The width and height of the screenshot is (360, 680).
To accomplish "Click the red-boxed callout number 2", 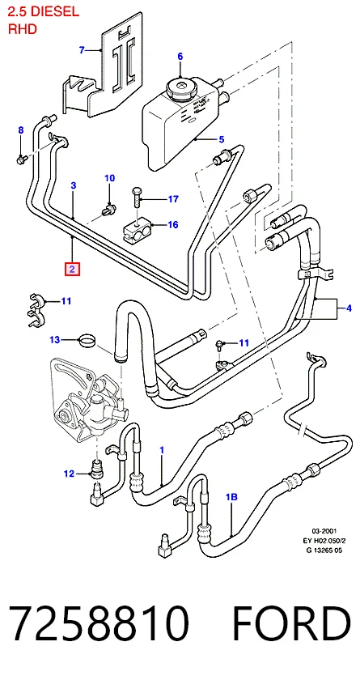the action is pos(72,269).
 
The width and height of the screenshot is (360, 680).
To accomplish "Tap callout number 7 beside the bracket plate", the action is pos(82,50).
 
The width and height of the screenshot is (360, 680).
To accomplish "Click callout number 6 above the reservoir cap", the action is pos(180,57).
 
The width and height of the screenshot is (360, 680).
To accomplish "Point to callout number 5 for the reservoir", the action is pos(222,139).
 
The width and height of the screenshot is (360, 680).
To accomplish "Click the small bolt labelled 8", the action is pos(22,159).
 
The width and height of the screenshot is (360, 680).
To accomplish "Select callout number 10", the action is pos(109,178).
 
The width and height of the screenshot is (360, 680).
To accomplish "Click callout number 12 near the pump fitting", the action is pos(70,474).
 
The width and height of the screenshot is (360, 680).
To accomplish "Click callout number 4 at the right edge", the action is pos(349,308).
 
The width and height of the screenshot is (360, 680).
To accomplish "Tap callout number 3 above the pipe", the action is pos(74,185).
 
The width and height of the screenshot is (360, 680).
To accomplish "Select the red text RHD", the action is pos(23,29).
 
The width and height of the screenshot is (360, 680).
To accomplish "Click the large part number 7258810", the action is pos(99,623).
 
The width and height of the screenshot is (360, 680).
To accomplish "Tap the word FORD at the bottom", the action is pos(291,623).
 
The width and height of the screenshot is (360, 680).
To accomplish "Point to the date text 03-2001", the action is pos(325,530).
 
